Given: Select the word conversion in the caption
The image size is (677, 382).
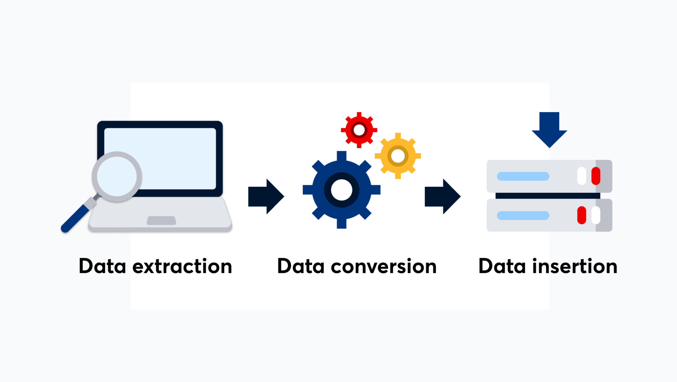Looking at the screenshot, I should [384, 266].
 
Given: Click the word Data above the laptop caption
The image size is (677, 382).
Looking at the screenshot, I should [102, 266].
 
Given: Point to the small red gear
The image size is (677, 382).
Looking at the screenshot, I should [359, 130].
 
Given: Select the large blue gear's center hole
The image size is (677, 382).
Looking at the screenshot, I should [341, 190].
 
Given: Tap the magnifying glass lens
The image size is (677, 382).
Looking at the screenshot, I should [117, 176].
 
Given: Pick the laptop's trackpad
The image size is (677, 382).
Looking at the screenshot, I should [161, 220].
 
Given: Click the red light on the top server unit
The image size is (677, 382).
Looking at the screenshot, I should [595, 176].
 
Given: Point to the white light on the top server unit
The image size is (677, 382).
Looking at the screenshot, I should [581, 176].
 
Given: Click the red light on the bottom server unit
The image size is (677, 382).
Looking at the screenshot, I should [581, 215].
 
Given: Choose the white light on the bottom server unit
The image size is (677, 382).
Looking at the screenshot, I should [595, 215].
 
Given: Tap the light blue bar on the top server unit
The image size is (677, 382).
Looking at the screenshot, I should [523, 176].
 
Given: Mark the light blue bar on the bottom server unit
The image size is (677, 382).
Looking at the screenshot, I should [523, 216].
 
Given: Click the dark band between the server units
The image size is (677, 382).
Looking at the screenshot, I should [548, 196].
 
